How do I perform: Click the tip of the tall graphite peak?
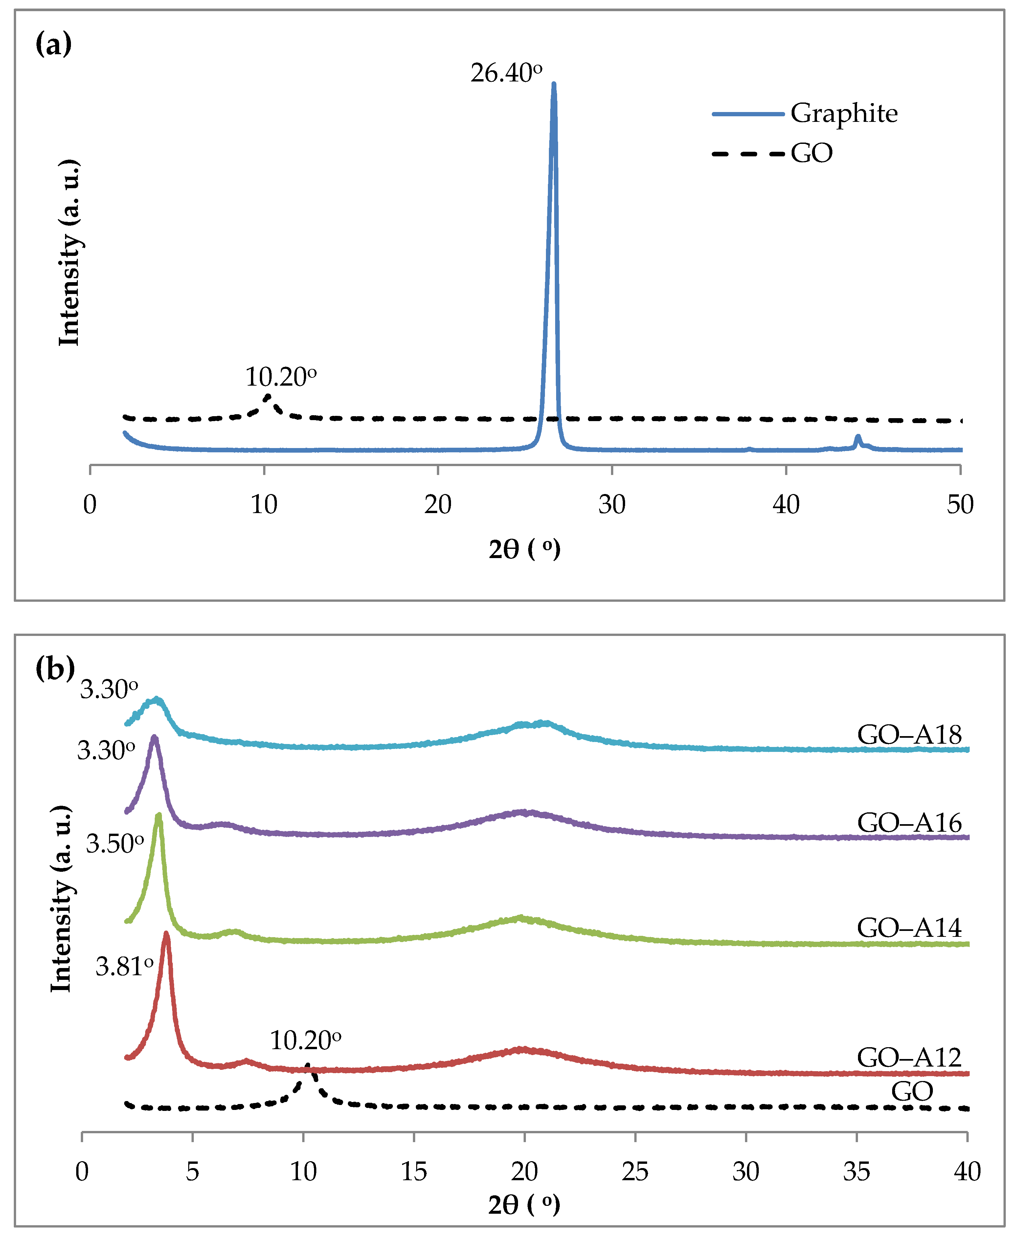(x=554, y=85)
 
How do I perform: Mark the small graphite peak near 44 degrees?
(x=858, y=437)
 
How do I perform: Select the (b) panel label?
(x=55, y=668)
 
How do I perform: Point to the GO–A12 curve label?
(x=909, y=1058)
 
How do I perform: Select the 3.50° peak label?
(x=115, y=844)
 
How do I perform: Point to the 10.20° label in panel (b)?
(x=305, y=1041)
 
